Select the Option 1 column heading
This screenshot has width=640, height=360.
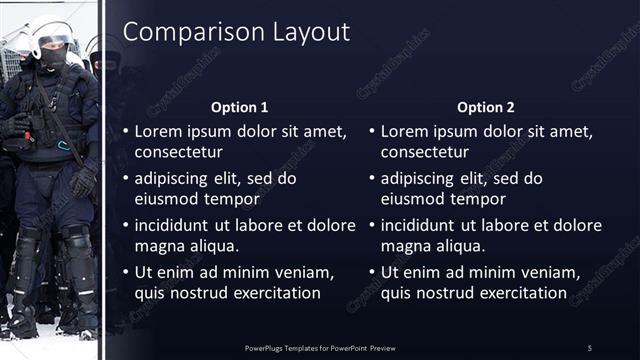click(240, 107)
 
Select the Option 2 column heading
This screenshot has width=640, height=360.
click(486, 107)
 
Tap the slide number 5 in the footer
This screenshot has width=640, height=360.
click(590, 347)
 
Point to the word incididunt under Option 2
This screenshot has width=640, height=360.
click(420, 225)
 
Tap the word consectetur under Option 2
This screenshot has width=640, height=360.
click(427, 152)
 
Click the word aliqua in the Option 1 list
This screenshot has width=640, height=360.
click(216, 246)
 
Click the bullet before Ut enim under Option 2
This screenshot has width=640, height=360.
click(372, 272)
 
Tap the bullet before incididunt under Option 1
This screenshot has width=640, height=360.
click(126, 225)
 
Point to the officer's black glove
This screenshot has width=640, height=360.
click(84, 180)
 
